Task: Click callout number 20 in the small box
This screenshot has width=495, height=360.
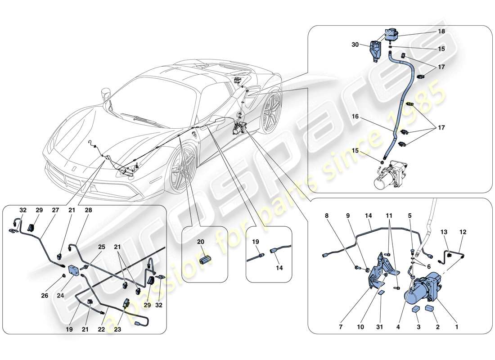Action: pyautogui.click(x=200, y=242)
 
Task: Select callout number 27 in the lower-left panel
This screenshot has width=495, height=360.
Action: pyautogui.click(x=55, y=210)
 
